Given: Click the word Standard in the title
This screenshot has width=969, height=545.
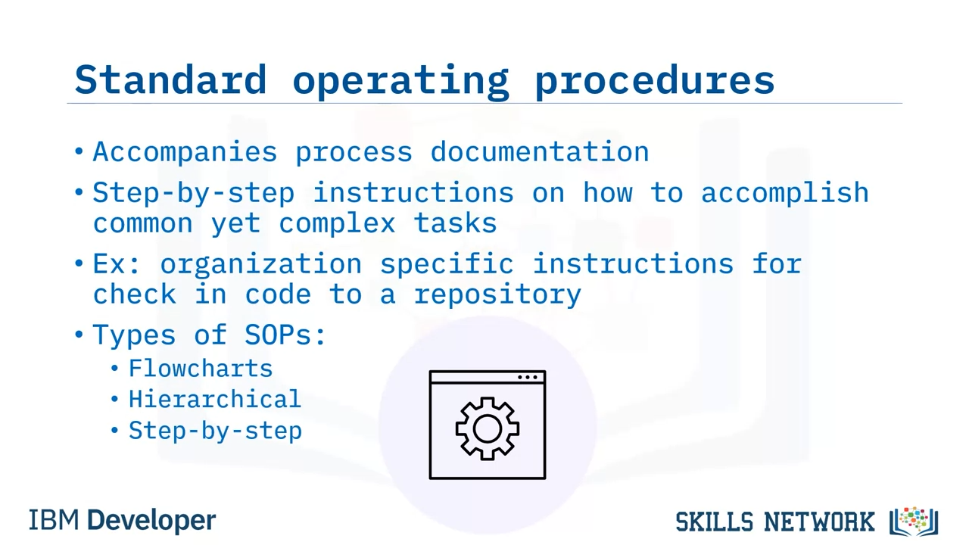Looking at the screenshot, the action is tap(170, 79).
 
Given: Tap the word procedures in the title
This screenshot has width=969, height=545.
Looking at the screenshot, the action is tap(655, 83).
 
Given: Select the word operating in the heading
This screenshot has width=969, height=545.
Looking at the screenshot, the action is tap(401, 83).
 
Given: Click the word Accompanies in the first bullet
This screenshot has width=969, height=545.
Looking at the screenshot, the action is tap(185, 152).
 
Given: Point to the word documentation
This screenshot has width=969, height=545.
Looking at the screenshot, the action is tap(540, 151).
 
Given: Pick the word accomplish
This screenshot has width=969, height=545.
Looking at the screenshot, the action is tap(785, 193).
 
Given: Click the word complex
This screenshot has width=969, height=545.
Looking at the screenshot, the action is tap(337, 224).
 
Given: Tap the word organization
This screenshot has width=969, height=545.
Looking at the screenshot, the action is tap(261, 265).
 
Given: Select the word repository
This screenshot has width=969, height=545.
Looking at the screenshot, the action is tap(497, 295).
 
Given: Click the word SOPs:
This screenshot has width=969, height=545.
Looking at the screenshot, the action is tap(285, 335).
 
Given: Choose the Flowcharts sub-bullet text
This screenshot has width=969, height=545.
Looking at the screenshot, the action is tap(201, 369).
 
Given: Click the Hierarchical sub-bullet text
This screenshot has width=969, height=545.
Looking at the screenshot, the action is tap(215, 399).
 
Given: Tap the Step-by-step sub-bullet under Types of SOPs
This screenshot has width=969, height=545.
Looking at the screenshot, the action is tap(215, 431).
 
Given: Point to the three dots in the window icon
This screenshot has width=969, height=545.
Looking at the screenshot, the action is tap(528, 377).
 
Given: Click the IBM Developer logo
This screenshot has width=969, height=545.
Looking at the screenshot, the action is tap(122, 520).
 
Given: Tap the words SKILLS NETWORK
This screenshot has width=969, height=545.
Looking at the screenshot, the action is tap(774, 522).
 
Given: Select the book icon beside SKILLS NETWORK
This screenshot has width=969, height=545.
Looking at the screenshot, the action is tap(914, 522).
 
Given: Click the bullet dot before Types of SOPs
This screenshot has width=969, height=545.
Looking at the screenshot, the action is tap(79, 335).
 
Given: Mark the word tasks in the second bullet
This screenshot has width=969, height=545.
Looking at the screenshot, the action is tap(455, 223).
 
